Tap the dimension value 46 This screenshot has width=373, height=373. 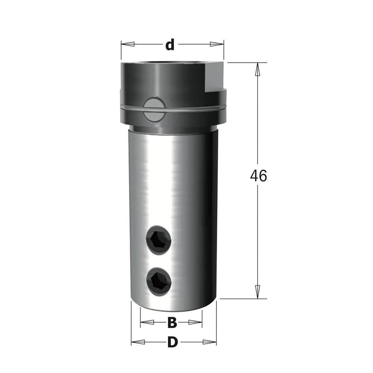click(x=258, y=176)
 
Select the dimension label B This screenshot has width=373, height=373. click(x=172, y=323)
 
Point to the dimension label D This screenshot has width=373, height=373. click(x=173, y=342)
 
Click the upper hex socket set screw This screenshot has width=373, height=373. click(x=159, y=240)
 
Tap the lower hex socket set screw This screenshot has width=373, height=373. click(x=159, y=282)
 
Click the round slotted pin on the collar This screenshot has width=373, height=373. click(x=154, y=109)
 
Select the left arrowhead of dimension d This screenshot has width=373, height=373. click(x=128, y=44)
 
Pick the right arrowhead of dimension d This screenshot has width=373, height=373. click(x=217, y=44)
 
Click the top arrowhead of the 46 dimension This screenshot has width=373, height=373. click(x=257, y=69)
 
